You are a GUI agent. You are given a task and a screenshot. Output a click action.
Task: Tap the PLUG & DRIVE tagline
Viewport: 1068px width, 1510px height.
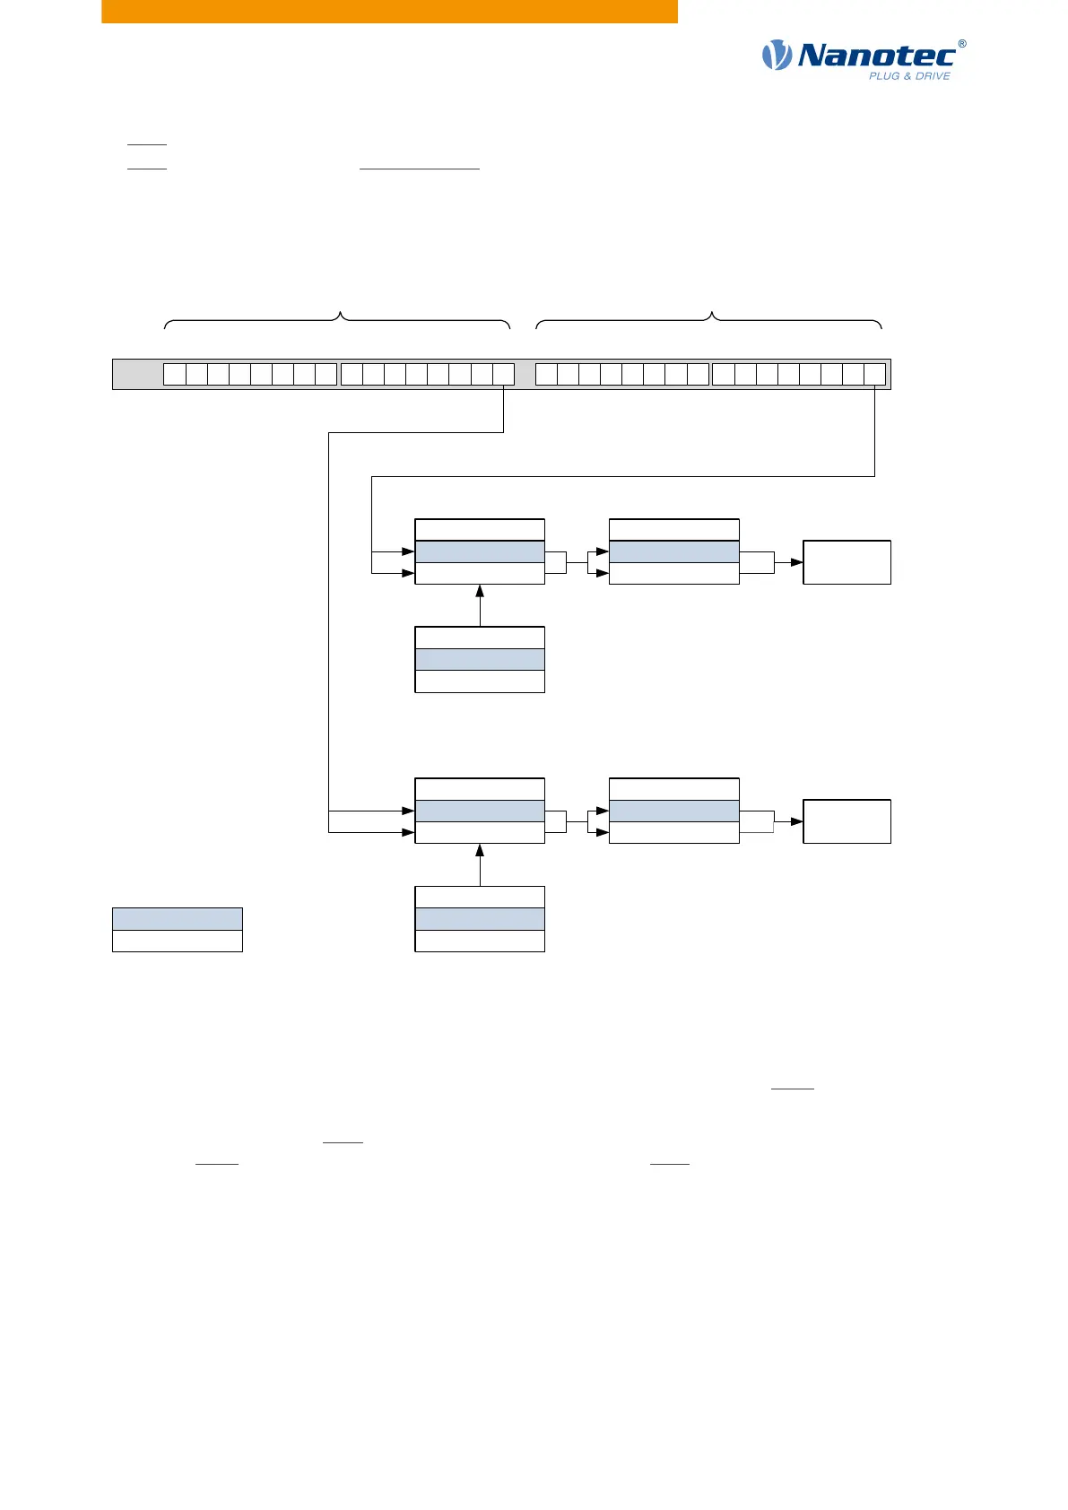[x=908, y=76]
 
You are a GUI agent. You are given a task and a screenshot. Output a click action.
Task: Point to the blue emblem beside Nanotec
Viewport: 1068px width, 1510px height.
[x=777, y=56]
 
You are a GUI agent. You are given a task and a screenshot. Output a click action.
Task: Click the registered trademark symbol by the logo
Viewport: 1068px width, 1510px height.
[x=962, y=43]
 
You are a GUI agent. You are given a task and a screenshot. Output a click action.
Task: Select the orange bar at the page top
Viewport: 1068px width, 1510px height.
[x=389, y=11]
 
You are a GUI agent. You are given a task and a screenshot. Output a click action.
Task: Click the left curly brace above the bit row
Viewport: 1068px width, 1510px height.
[x=337, y=319]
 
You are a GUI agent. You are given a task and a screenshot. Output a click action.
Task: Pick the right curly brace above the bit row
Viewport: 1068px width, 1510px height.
[x=709, y=319]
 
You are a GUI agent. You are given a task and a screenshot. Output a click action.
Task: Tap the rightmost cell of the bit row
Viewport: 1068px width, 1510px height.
[x=874, y=375]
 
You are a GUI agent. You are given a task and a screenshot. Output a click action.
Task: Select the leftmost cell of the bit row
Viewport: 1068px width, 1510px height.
[x=174, y=375]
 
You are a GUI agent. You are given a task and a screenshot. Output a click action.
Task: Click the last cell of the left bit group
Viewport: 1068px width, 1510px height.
[x=503, y=375]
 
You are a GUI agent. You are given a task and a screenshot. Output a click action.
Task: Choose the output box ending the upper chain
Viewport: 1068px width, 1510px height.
[x=847, y=562]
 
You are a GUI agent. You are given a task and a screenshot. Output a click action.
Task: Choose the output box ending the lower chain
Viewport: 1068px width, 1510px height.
[x=847, y=821]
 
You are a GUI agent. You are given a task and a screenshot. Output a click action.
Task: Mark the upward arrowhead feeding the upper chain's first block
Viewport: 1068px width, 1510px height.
[x=480, y=591]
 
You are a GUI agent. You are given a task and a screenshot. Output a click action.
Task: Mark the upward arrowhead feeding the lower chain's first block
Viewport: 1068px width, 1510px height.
[x=480, y=850]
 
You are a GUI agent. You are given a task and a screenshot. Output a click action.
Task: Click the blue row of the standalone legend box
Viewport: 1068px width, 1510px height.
[x=177, y=918]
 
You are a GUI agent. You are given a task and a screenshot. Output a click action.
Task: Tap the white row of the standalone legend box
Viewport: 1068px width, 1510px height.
[x=177, y=941]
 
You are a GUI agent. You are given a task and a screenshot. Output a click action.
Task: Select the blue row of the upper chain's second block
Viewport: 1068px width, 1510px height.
[x=673, y=551]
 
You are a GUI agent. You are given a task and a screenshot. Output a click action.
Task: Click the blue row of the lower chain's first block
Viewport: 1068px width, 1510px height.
[x=480, y=811]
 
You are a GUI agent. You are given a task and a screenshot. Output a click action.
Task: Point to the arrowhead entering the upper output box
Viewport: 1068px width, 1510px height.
[x=796, y=562]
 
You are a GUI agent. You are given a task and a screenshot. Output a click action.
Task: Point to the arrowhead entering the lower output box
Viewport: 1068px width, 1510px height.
[x=796, y=821]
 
